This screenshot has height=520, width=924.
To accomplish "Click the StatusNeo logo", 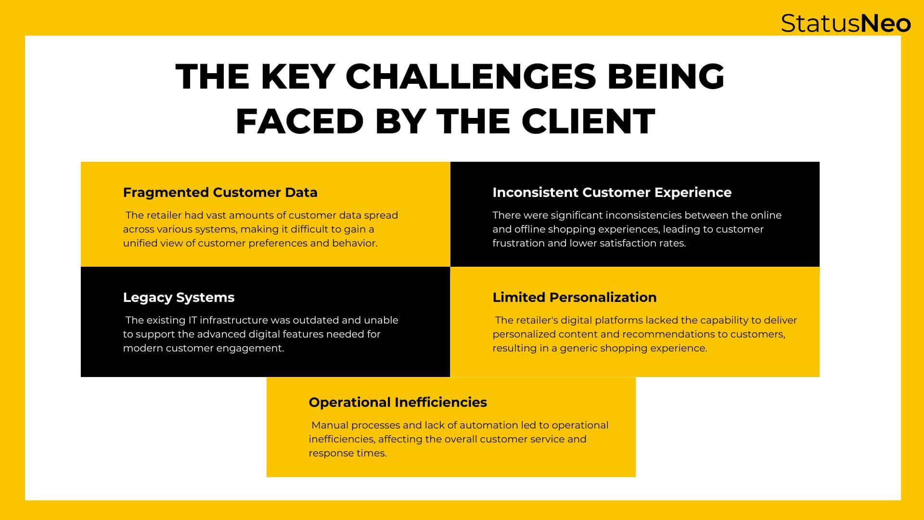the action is click(846, 23).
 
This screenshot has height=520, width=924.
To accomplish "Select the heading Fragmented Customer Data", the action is click(220, 192).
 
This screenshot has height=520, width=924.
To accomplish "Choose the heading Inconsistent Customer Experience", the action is click(612, 192).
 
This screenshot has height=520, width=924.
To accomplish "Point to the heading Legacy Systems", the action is click(179, 298).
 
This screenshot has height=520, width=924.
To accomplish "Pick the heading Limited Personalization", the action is click(574, 297).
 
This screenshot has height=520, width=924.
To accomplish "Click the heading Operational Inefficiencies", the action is click(398, 402).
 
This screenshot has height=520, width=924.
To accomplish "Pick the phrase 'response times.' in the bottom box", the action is click(347, 454).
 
